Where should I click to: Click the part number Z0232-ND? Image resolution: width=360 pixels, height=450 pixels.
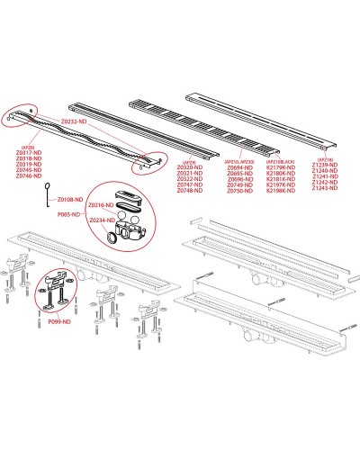pyautogui.click(x=75, y=121)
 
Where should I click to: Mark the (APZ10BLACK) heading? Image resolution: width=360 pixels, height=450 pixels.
pyautogui.click(x=289, y=160)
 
